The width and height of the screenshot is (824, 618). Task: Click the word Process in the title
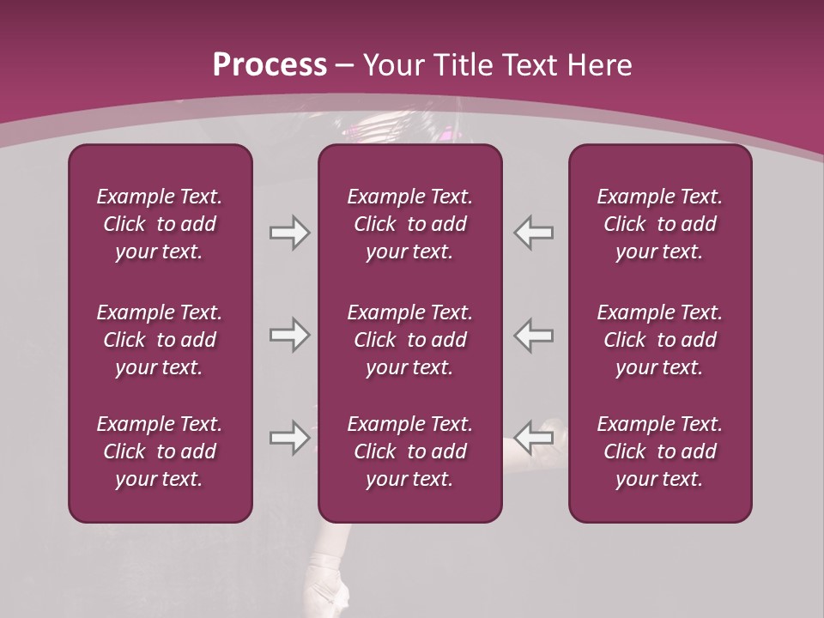tap(270, 65)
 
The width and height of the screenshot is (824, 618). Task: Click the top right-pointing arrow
tap(289, 233)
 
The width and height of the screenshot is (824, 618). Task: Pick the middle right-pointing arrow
tap(289, 335)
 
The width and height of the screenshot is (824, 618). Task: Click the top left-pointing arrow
tap(534, 233)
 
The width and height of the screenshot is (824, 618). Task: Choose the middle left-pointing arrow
tap(534, 335)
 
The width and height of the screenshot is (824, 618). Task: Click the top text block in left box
tap(160, 224)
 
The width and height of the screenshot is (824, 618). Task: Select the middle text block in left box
tap(160, 340)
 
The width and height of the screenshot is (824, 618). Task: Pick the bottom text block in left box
tap(160, 451)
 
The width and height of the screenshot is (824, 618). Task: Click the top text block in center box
tap(410, 224)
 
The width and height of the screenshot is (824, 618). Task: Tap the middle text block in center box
tap(410, 340)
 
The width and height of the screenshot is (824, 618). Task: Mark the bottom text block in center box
tap(410, 451)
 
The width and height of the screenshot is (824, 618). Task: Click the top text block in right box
tap(660, 224)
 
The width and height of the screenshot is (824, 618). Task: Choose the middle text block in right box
tap(660, 340)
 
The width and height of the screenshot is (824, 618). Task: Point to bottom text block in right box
tap(660, 451)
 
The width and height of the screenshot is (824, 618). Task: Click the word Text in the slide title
tap(526, 65)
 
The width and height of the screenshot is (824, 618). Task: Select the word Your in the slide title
tap(391, 65)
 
